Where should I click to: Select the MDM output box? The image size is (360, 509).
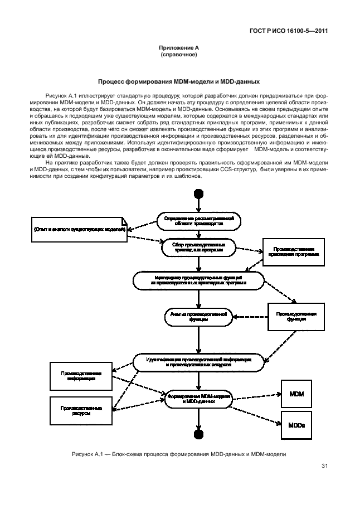(296, 394)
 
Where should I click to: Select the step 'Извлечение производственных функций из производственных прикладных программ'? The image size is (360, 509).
(198, 280)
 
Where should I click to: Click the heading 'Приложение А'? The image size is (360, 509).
(179, 50)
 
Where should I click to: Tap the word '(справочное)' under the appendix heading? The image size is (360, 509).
(179, 56)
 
